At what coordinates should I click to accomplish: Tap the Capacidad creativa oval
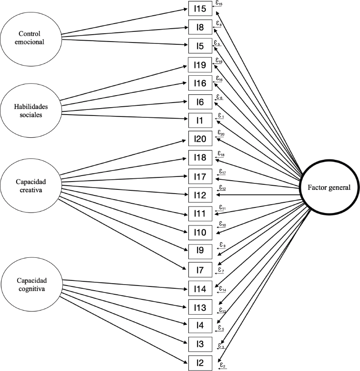tap(30, 185)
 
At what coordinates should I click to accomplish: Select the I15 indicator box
tap(200, 9)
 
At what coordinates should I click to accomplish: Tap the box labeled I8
tap(200, 27)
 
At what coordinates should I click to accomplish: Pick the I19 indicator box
tap(200, 65)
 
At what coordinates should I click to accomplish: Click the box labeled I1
tap(200, 120)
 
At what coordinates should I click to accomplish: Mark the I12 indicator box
tap(200, 195)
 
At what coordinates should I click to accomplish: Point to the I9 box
tap(200, 251)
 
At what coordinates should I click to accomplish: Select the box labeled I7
tap(200, 269)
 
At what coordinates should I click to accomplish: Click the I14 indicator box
tap(200, 289)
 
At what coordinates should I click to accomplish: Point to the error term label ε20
tap(221, 133)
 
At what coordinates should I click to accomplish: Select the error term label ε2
tap(223, 365)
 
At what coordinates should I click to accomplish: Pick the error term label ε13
tap(222, 310)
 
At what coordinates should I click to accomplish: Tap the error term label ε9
tap(222, 245)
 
